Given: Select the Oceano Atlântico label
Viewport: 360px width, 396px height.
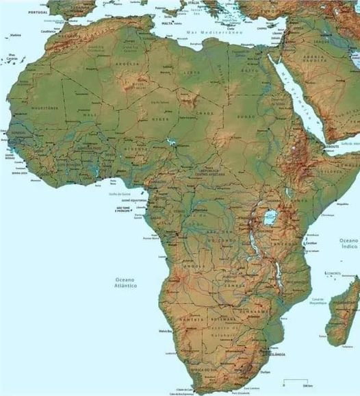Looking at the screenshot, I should point(125,282).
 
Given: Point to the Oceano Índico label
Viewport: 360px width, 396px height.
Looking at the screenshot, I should point(348,245).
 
